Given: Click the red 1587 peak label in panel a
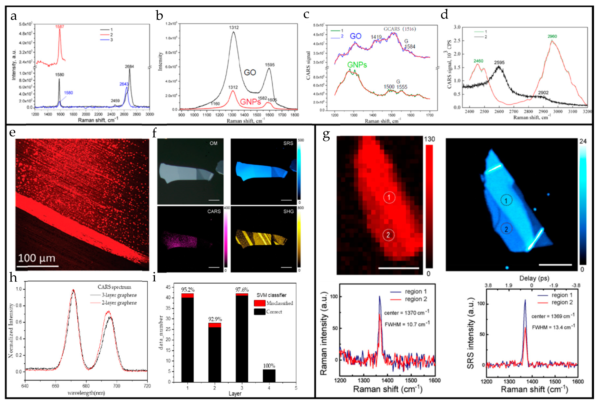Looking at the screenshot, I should [x=59, y=27].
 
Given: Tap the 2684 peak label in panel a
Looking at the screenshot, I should [x=129, y=66].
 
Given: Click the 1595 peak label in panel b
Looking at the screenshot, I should [x=270, y=65].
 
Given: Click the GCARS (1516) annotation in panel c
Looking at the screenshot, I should [x=399, y=29].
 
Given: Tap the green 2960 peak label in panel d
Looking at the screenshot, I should [x=552, y=36].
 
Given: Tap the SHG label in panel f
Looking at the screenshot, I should [x=288, y=211].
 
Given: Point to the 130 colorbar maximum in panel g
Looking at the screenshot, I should [x=429, y=139].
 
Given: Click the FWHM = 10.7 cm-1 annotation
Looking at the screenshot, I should [x=407, y=324].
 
